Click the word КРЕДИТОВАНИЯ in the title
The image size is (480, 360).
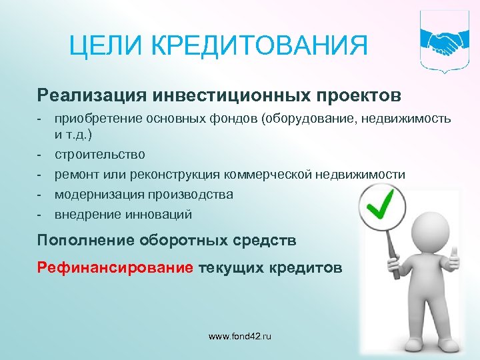click(x=260, y=47)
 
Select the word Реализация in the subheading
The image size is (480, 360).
click(x=91, y=95)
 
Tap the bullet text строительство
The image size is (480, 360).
click(x=100, y=155)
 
